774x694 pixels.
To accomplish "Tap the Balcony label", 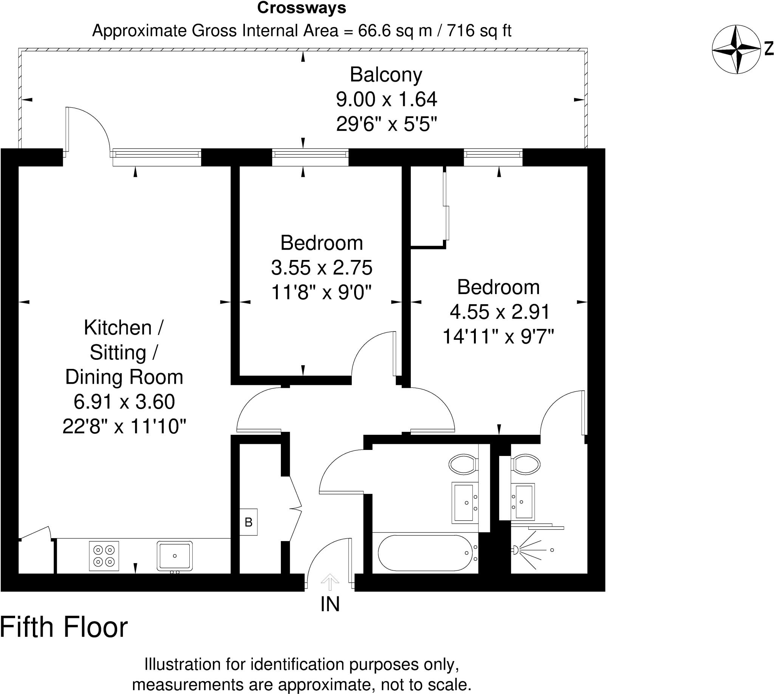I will click(386, 75).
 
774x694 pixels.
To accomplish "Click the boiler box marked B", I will click(248, 522).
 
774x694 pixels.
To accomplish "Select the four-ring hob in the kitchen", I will click(104, 556).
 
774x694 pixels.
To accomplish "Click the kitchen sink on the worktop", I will click(175, 556).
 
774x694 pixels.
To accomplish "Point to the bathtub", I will click(425, 553).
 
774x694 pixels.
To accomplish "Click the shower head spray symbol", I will click(528, 550).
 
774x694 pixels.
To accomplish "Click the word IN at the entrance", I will click(330, 604).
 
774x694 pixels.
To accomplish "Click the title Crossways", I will click(302, 8).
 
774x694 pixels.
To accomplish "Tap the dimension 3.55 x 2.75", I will click(322, 268).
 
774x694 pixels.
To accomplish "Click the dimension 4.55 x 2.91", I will click(499, 312).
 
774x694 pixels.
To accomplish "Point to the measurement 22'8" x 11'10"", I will click(124, 426).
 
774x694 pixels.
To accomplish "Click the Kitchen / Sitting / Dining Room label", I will click(124, 352).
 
